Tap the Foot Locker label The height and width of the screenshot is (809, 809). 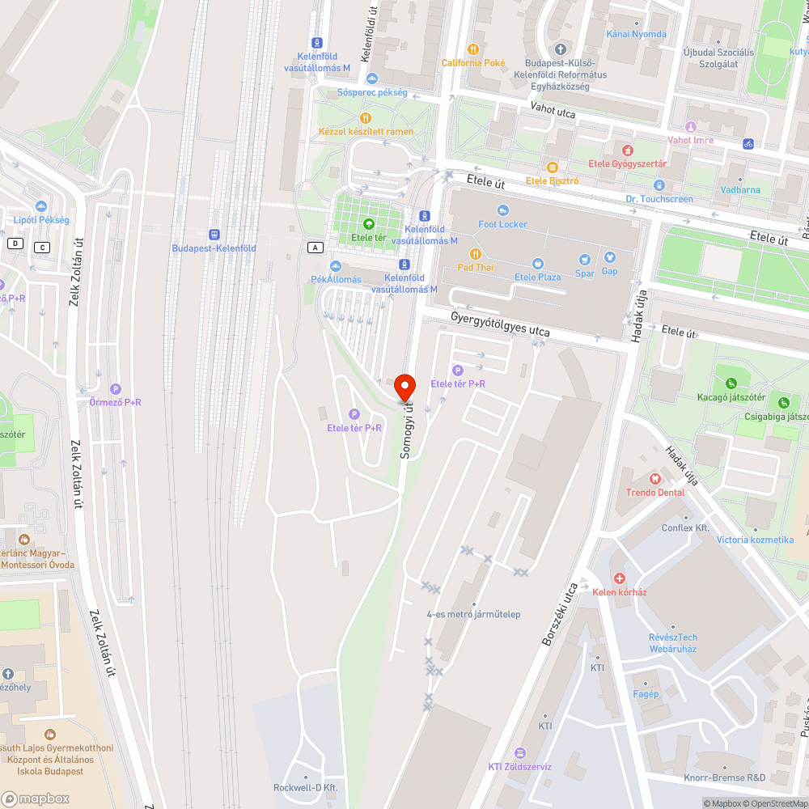click(x=502, y=224)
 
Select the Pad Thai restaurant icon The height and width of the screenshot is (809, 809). click(x=475, y=254)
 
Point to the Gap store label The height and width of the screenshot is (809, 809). click(x=609, y=271)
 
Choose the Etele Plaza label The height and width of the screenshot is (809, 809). click(x=537, y=277)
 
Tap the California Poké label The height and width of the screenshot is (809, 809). click(x=473, y=62)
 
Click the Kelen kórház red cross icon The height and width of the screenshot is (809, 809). click(x=619, y=578)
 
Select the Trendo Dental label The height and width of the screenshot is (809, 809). click(x=654, y=492)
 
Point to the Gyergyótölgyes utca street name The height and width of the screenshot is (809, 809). click(x=500, y=325)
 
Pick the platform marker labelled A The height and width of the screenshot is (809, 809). click(x=315, y=247)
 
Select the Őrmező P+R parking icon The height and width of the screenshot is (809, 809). click(x=116, y=389)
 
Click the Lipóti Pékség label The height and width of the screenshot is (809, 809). click(x=41, y=220)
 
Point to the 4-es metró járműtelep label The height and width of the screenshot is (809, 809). click(x=473, y=614)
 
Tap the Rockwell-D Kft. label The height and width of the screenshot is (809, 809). click(x=305, y=788)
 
